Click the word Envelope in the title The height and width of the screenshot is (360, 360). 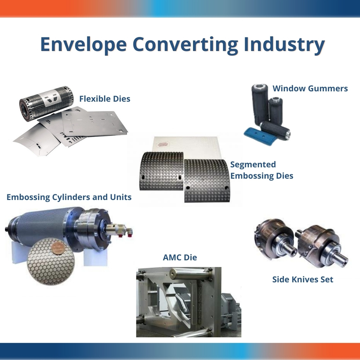point(83,44)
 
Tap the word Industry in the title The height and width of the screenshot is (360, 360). point(284,44)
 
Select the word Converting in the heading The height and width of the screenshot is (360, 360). point(185,44)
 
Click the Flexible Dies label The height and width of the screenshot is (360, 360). point(105,99)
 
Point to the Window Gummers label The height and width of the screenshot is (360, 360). point(310,88)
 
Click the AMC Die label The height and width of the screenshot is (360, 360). point(180,257)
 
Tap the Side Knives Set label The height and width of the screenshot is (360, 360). point(303,279)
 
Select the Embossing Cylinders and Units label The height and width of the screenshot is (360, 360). point(69,197)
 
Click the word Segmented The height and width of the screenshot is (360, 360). point(253,165)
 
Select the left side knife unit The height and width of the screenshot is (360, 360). point(276,239)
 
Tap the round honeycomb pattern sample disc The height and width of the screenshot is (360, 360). point(49,261)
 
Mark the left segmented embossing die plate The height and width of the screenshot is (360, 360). point(162,171)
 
